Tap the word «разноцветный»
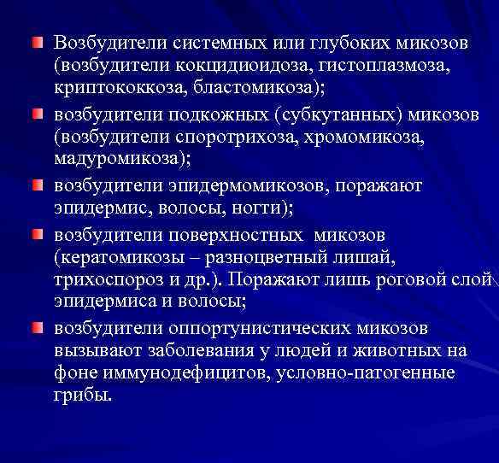point(265,256)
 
